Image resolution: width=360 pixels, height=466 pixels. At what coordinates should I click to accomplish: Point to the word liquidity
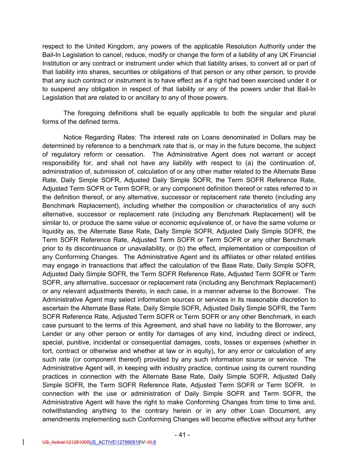(x=53, y=231)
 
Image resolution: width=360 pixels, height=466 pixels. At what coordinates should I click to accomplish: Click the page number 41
(x=182, y=435)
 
